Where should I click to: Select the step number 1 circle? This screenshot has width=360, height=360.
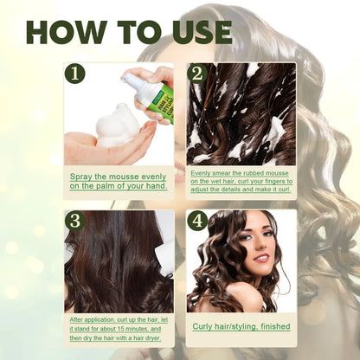click(74, 74)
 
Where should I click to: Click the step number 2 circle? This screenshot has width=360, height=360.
click(196, 74)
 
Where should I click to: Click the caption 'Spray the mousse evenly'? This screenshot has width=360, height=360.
click(118, 177)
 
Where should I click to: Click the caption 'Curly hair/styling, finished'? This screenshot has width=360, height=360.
click(241, 326)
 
